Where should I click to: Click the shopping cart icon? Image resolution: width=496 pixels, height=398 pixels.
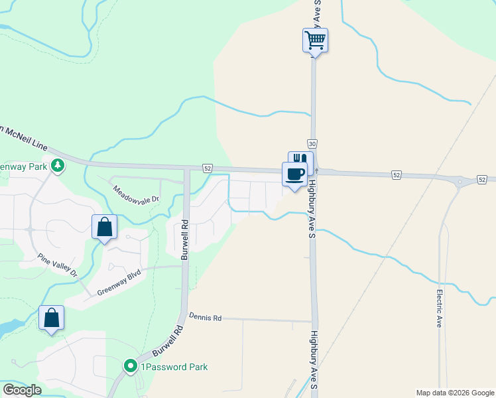point(315,40)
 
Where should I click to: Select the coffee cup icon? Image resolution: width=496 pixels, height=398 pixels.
point(294,175)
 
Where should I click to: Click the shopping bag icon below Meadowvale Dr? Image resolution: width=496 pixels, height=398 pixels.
point(105,227)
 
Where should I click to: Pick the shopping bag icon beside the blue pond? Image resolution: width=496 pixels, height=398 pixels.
point(52,318)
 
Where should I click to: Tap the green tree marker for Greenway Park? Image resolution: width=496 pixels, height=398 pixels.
point(58,166)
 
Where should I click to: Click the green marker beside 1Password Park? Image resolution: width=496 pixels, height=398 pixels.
point(131,366)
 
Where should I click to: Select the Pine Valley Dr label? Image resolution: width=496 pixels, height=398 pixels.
point(58,265)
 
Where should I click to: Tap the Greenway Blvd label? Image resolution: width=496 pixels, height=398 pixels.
point(119,282)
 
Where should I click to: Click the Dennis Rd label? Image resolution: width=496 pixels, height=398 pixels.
point(204,318)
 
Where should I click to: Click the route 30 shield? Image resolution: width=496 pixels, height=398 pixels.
point(312,144)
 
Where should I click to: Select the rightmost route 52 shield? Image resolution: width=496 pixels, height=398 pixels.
point(482,180)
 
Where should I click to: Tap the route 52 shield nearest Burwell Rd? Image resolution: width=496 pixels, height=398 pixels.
point(208,168)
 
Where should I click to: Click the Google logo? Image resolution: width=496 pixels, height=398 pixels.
point(22,390)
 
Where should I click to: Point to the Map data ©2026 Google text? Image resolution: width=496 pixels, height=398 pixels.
point(454,393)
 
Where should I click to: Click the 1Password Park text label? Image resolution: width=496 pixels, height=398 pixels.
point(173,367)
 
